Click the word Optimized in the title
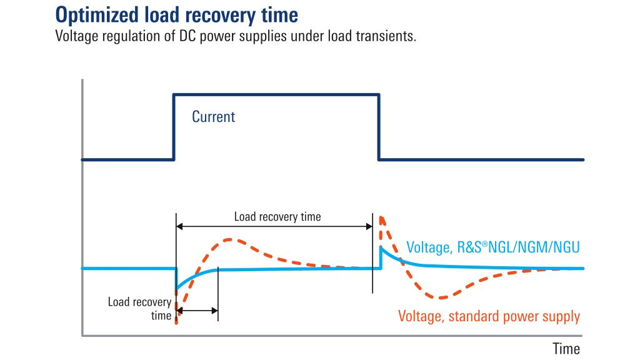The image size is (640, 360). [97, 15]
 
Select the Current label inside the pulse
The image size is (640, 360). [214, 117]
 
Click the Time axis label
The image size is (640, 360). [566, 349]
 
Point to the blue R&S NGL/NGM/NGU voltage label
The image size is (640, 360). [493, 247]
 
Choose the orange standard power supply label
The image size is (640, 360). [489, 316]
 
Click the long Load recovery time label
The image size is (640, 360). [277, 217]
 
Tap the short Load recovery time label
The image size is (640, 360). [139, 309]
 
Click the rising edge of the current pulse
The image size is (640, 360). [174, 127]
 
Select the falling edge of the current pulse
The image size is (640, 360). [379, 127]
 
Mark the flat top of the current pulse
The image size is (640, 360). [276, 95]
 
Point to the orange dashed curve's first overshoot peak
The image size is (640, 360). [230, 239]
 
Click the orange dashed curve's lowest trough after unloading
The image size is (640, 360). [441, 297]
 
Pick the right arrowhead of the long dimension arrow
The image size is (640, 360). [369, 226]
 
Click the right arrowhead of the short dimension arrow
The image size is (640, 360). [215, 311]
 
